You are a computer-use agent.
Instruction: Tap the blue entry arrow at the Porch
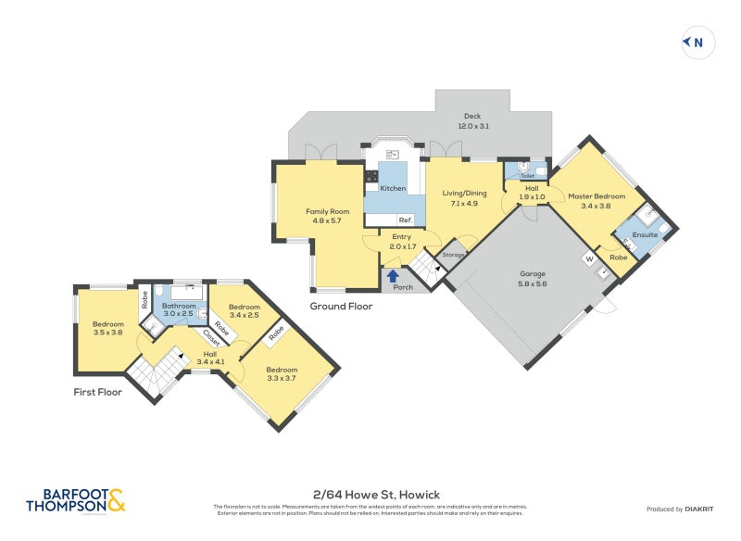tap(393, 275)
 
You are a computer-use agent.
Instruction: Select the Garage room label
tap(532, 279)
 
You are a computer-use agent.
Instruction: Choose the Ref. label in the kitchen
tap(405, 220)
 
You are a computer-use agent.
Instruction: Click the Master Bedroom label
tap(597, 201)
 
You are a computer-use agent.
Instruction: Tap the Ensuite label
tap(645, 234)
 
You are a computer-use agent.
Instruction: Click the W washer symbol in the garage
tap(587, 258)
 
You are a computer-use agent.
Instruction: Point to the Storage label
tap(453, 254)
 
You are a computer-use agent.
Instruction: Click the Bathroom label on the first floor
tap(179, 310)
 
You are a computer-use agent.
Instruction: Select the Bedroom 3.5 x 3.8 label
tap(107, 328)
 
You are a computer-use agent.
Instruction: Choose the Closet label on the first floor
tap(211, 339)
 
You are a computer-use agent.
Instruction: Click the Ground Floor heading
tap(341, 305)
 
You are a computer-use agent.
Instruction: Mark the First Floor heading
tap(98, 392)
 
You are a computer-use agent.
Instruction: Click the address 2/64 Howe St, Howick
tap(370, 496)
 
